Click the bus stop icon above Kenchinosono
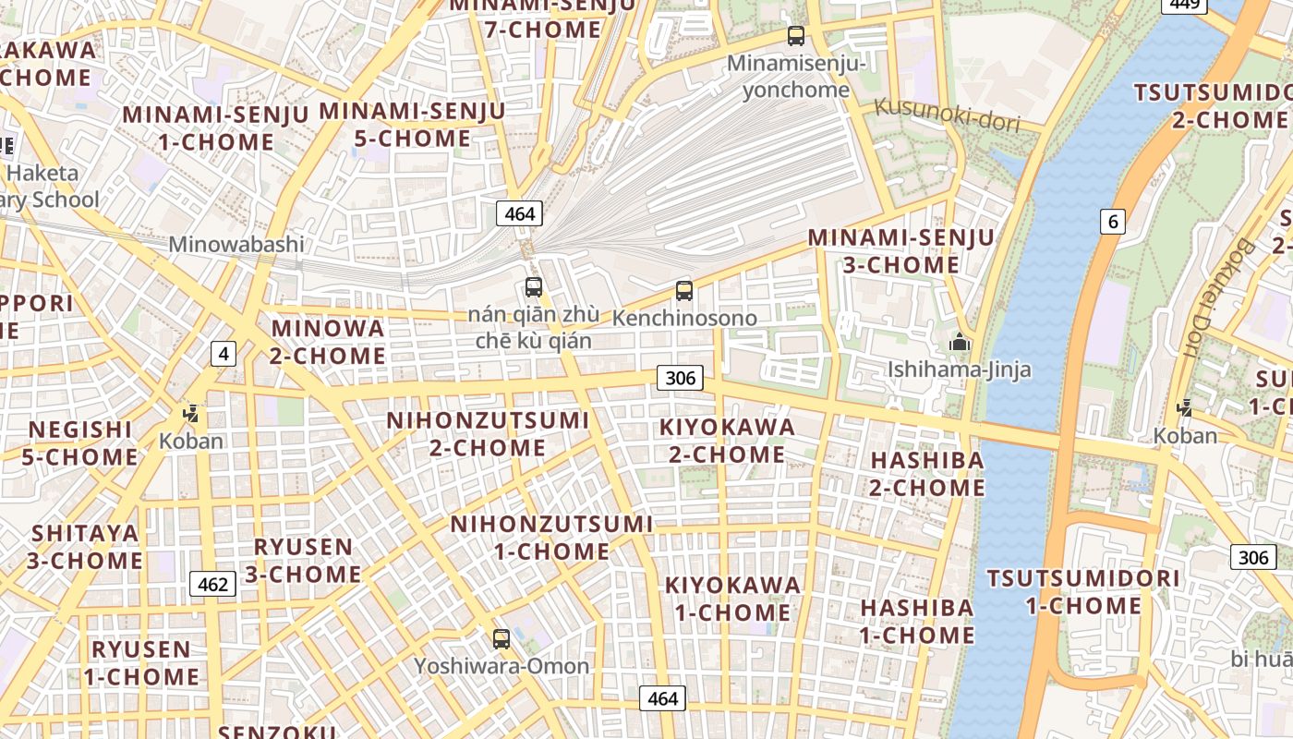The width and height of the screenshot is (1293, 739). point(683,290)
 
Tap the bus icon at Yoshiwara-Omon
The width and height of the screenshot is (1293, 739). point(501,638)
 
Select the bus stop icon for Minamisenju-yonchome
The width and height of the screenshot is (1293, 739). point(795,36)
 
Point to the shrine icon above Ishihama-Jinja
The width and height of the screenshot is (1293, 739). point(960,343)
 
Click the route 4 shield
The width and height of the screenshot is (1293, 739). point(223,353)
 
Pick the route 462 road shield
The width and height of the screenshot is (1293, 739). point(212,584)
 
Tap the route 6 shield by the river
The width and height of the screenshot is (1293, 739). point(1113,221)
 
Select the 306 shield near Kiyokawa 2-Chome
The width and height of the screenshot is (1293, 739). point(680,377)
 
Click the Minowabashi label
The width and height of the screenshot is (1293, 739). point(236,245)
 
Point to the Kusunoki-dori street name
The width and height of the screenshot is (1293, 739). point(947,114)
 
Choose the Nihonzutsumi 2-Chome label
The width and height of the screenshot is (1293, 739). point(488,434)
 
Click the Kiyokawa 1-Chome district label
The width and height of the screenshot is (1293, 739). point(732,599)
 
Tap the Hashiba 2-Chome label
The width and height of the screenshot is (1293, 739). point(926,473)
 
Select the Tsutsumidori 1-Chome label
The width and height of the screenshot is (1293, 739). point(1083,592)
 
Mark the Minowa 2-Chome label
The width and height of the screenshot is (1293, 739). point(328,342)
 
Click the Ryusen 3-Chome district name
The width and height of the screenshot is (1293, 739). point(303,560)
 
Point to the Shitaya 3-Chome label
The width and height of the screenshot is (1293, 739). point(85,547)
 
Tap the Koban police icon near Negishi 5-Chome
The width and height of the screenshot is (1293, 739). point(191,414)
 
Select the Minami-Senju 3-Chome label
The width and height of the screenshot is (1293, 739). point(900,251)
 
